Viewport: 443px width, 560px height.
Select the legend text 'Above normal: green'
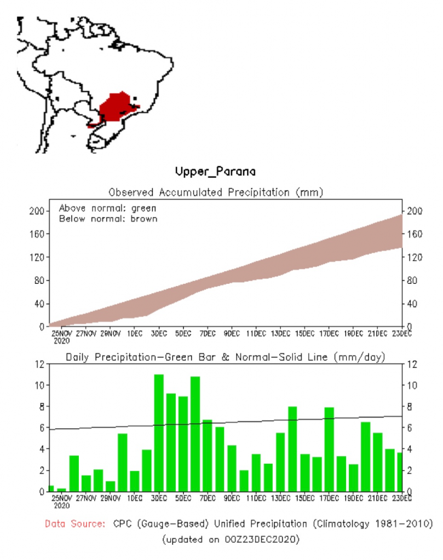coord(107,208)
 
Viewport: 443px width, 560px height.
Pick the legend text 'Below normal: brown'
coord(108,219)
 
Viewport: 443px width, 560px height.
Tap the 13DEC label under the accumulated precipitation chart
coord(281,332)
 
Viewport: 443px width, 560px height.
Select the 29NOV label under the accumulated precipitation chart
coord(110,332)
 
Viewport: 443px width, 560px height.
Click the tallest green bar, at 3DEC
coord(159,432)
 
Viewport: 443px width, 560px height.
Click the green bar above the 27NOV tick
coord(86,483)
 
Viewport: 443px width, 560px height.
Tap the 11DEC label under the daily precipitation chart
coord(256,497)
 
